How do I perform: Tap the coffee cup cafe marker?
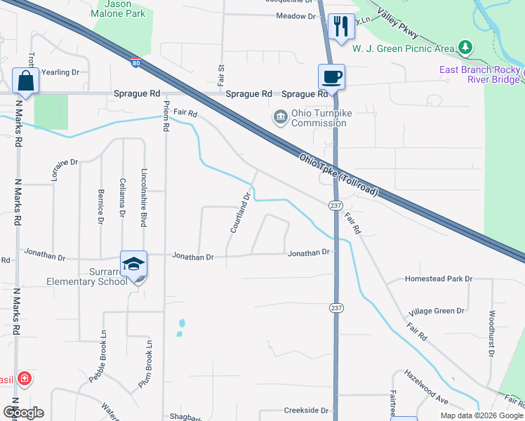[331, 76]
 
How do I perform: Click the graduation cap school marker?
[133, 265]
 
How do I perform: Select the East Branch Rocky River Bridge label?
[480, 74]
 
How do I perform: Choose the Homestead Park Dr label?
[439, 279]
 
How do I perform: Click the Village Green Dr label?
[437, 311]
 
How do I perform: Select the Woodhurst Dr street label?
[492, 333]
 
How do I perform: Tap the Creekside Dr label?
[306, 410]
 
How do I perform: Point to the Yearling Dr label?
[61, 72]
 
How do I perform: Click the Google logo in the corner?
[23, 413]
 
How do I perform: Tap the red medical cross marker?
[24, 380]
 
